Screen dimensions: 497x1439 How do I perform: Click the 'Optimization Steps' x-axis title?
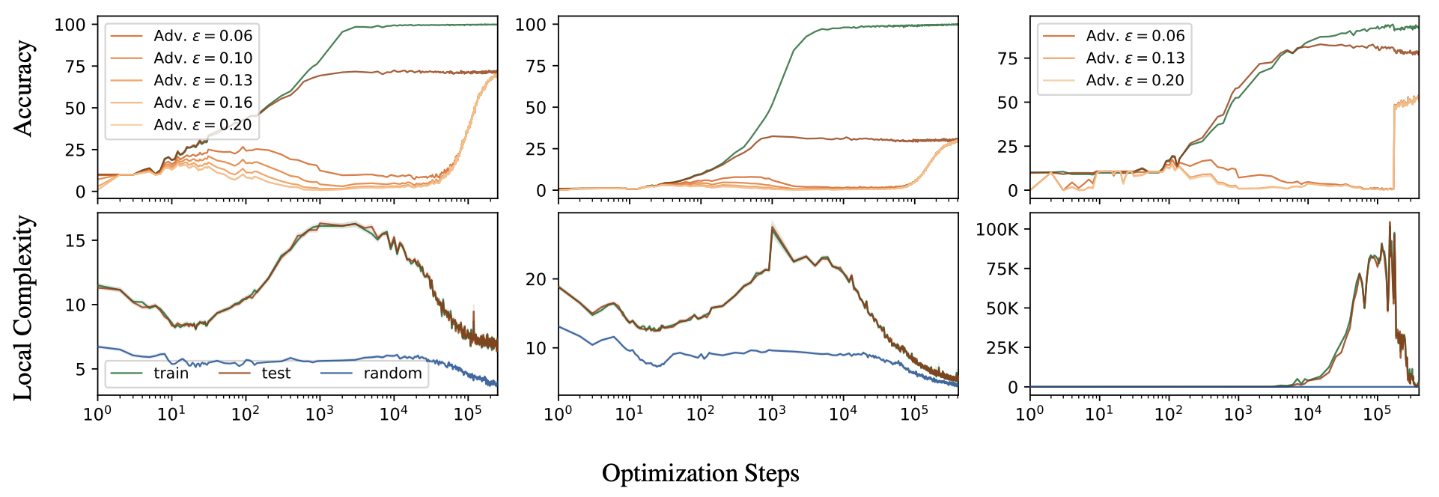point(700,473)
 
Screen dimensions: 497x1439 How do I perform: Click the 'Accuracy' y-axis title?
point(23,88)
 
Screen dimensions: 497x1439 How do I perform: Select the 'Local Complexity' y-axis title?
point(23,308)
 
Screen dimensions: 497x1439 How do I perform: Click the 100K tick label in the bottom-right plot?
point(997,230)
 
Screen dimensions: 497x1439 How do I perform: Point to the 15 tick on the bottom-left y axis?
point(76,240)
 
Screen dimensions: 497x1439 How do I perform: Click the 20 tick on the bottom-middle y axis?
point(536,279)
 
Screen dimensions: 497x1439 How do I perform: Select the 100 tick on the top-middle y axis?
point(531,25)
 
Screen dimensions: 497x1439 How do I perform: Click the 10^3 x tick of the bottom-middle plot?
point(771,414)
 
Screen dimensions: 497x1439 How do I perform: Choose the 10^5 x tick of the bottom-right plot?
point(1377,414)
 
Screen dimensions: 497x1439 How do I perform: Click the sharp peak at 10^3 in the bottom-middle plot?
point(772,228)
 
